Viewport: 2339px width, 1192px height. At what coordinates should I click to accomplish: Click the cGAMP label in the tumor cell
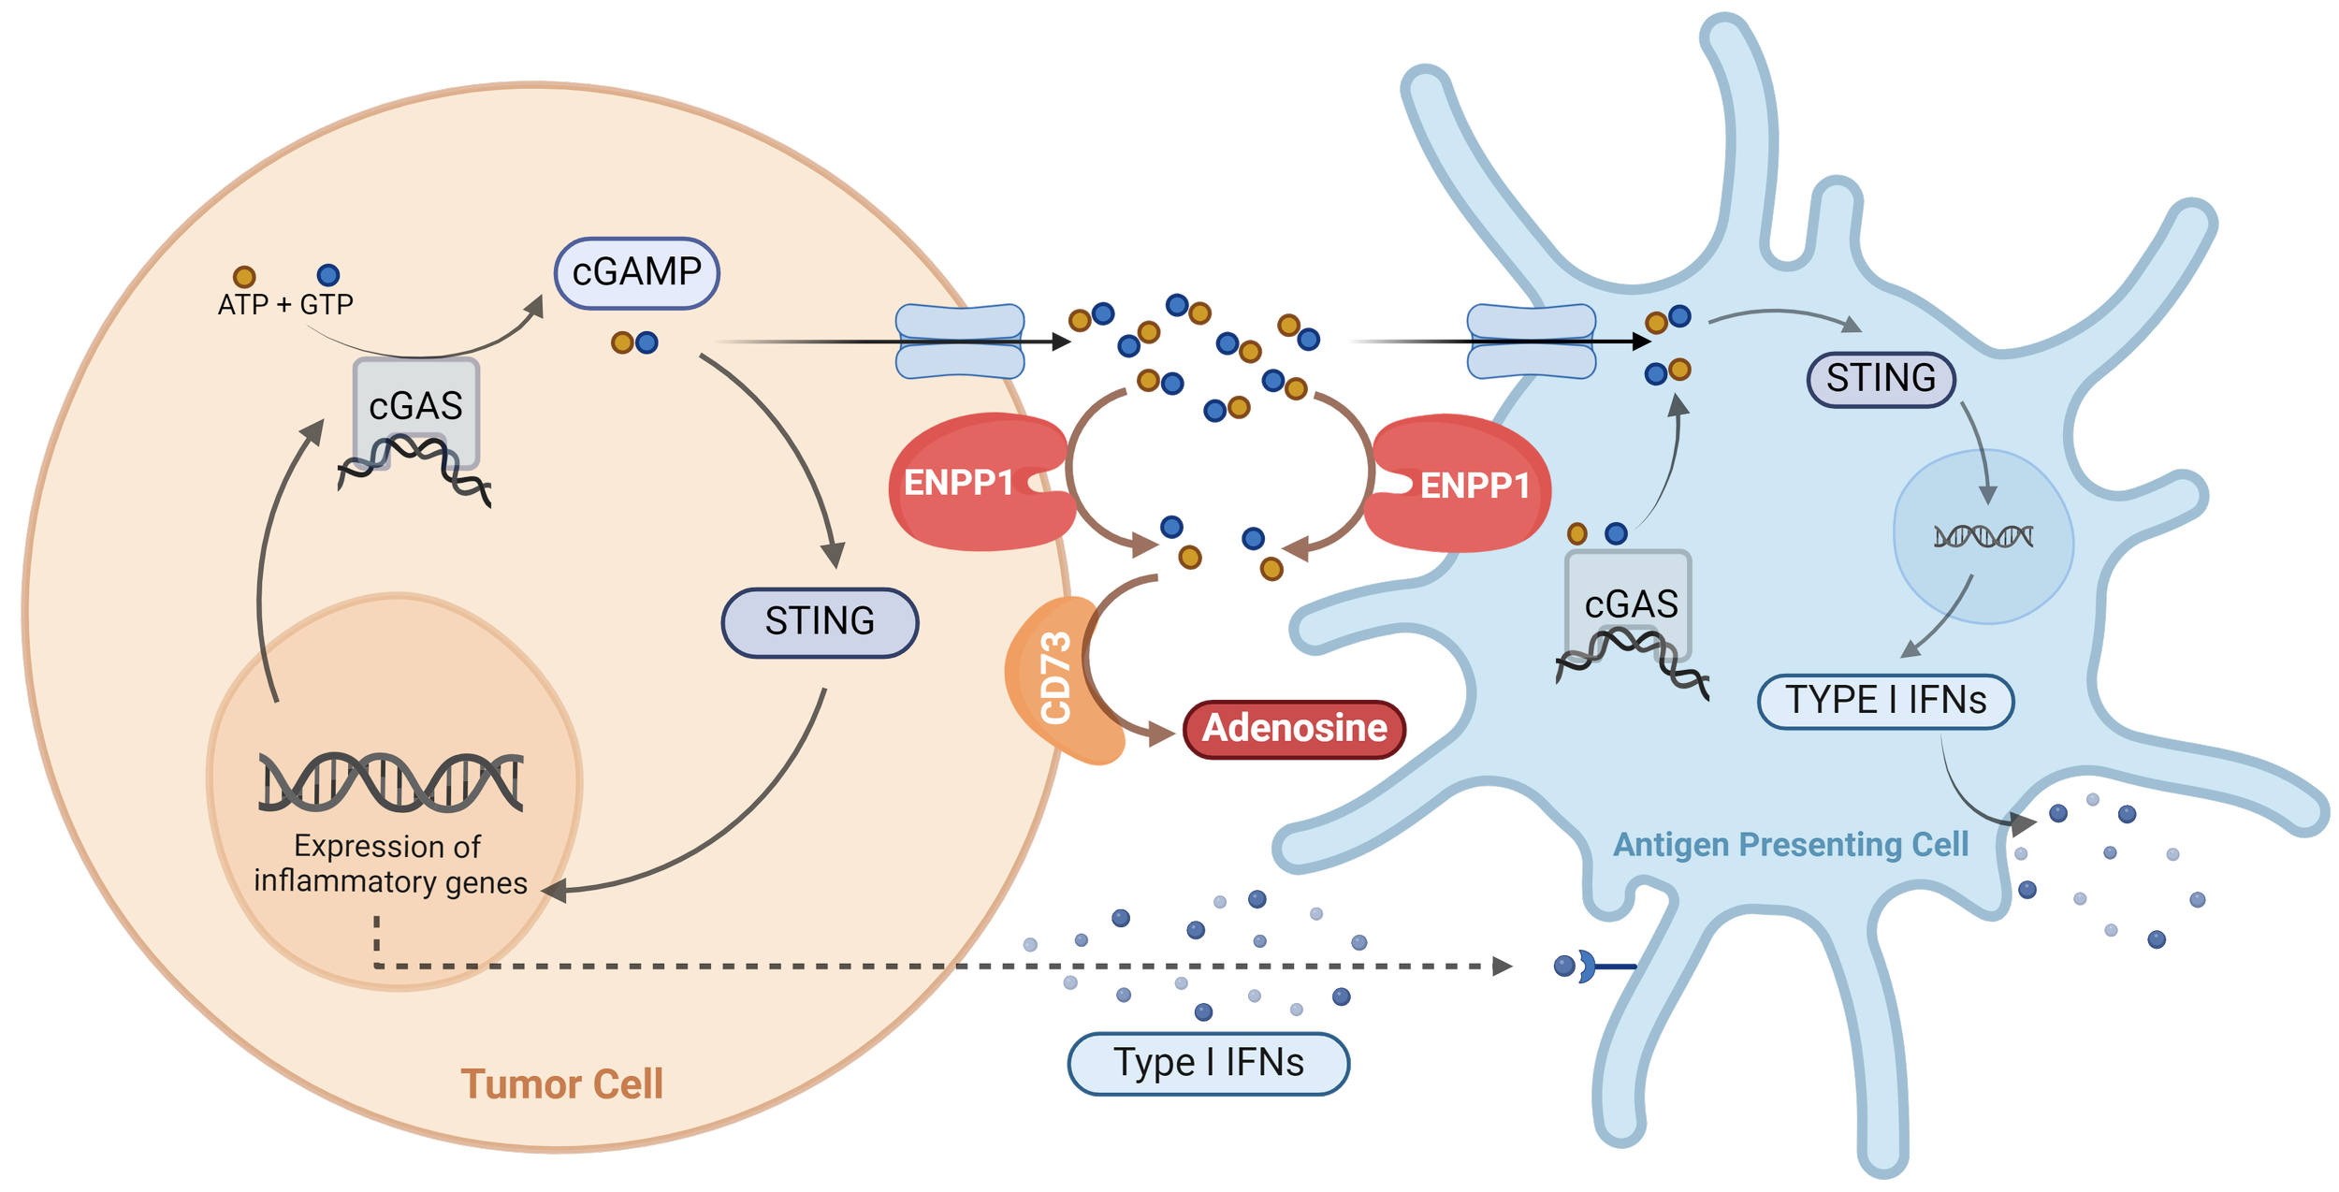coord(636,273)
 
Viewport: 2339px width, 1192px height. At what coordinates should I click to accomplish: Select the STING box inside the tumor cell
coord(820,622)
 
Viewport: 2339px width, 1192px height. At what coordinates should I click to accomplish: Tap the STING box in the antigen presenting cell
coord(1881,379)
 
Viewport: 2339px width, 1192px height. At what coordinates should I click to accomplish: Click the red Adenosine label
coord(1294,729)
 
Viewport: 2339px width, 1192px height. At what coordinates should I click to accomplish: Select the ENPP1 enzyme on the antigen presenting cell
coord(1469,485)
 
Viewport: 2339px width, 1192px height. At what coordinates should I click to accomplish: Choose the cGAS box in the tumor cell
coord(416,407)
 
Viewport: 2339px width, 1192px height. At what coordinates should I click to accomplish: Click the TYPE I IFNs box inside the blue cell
coord(1885,701)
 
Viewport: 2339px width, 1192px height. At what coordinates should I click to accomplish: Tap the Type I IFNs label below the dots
coord(1208,1064)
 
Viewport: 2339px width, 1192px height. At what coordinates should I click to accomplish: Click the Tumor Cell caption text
coord(561,1084)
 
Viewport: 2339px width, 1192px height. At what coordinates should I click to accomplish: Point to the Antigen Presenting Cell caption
coord(1791,845)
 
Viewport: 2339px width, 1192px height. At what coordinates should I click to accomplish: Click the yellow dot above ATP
coord(244,277)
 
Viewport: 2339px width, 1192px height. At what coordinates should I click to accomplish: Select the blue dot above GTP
coord(328,275)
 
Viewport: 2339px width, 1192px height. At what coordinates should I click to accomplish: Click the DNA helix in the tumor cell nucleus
coord(390,782)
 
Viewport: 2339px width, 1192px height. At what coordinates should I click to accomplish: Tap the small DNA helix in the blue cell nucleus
coord(1983,537)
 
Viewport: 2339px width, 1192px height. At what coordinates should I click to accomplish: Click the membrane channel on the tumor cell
coord(960,342)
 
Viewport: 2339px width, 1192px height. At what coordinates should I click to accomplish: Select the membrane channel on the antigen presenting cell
coord(1531,342)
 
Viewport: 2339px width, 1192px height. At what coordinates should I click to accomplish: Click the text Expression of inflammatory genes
coord(390,865)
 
